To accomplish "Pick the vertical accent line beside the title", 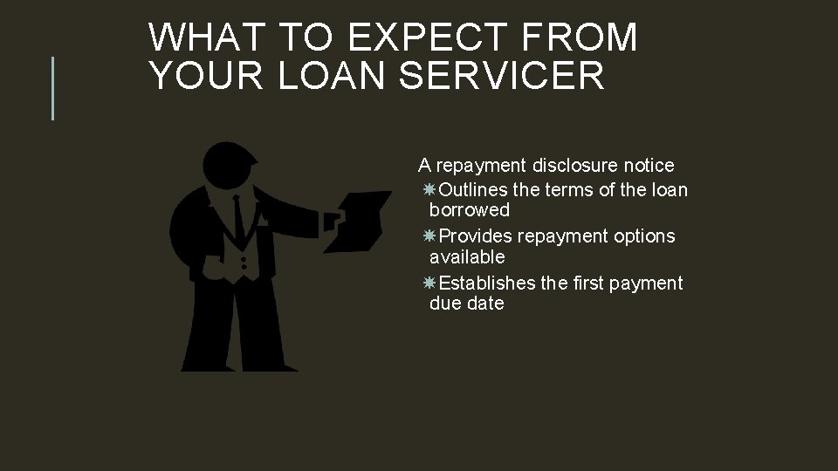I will click(53, 87).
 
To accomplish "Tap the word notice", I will click(647, 165).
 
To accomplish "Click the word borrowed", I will click(470, 210).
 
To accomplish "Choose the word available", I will click(467, 257).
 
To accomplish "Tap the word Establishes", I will click(487, 283).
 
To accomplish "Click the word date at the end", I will click(486, 304).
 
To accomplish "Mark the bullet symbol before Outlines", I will click(429, 190).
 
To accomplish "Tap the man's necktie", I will click(238, 218).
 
